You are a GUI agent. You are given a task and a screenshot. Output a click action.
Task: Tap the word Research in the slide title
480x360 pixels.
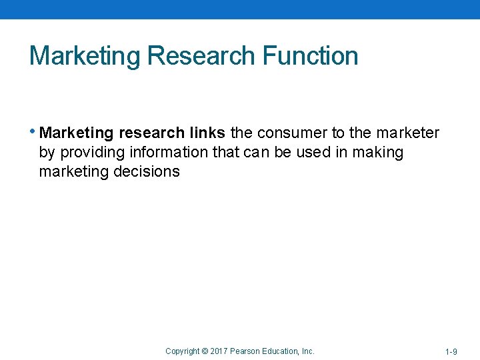pos(201,56)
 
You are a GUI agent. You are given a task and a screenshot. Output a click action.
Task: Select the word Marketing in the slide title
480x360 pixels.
pos(85,56)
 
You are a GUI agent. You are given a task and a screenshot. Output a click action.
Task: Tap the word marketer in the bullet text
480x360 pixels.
pos(408,133)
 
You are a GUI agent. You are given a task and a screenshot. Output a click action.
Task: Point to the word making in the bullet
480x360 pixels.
pos(378,153)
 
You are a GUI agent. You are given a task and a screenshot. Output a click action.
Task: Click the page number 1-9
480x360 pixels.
pos(451,351)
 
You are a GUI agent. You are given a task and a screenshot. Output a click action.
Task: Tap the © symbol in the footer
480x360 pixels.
pos(204,351)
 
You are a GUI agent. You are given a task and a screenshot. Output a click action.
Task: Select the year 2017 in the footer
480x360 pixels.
pos(219,351)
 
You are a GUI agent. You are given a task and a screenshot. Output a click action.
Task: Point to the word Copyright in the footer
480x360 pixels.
pos(182,351)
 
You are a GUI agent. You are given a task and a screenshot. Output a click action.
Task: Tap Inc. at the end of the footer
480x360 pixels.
pos(309,351)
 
